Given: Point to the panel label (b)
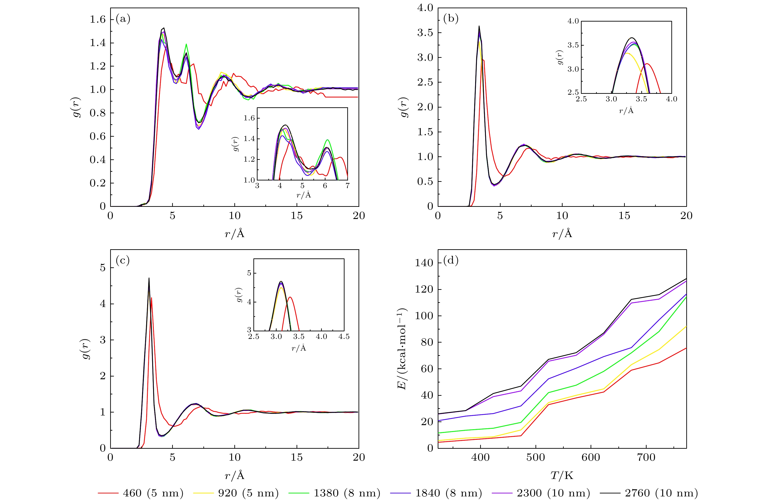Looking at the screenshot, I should tap(451, 19).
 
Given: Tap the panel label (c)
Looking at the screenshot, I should tap(123, 260).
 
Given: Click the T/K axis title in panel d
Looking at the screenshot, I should tap(562, 475).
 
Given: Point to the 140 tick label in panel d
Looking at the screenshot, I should tap(424, 263).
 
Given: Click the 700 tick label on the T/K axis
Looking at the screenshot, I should tap(646, 457).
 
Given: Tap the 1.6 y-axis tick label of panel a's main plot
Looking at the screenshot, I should tap(98, 20).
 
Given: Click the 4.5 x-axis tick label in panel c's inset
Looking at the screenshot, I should tap(344, 337).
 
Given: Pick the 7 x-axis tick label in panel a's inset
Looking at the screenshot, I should tap(348, 186).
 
